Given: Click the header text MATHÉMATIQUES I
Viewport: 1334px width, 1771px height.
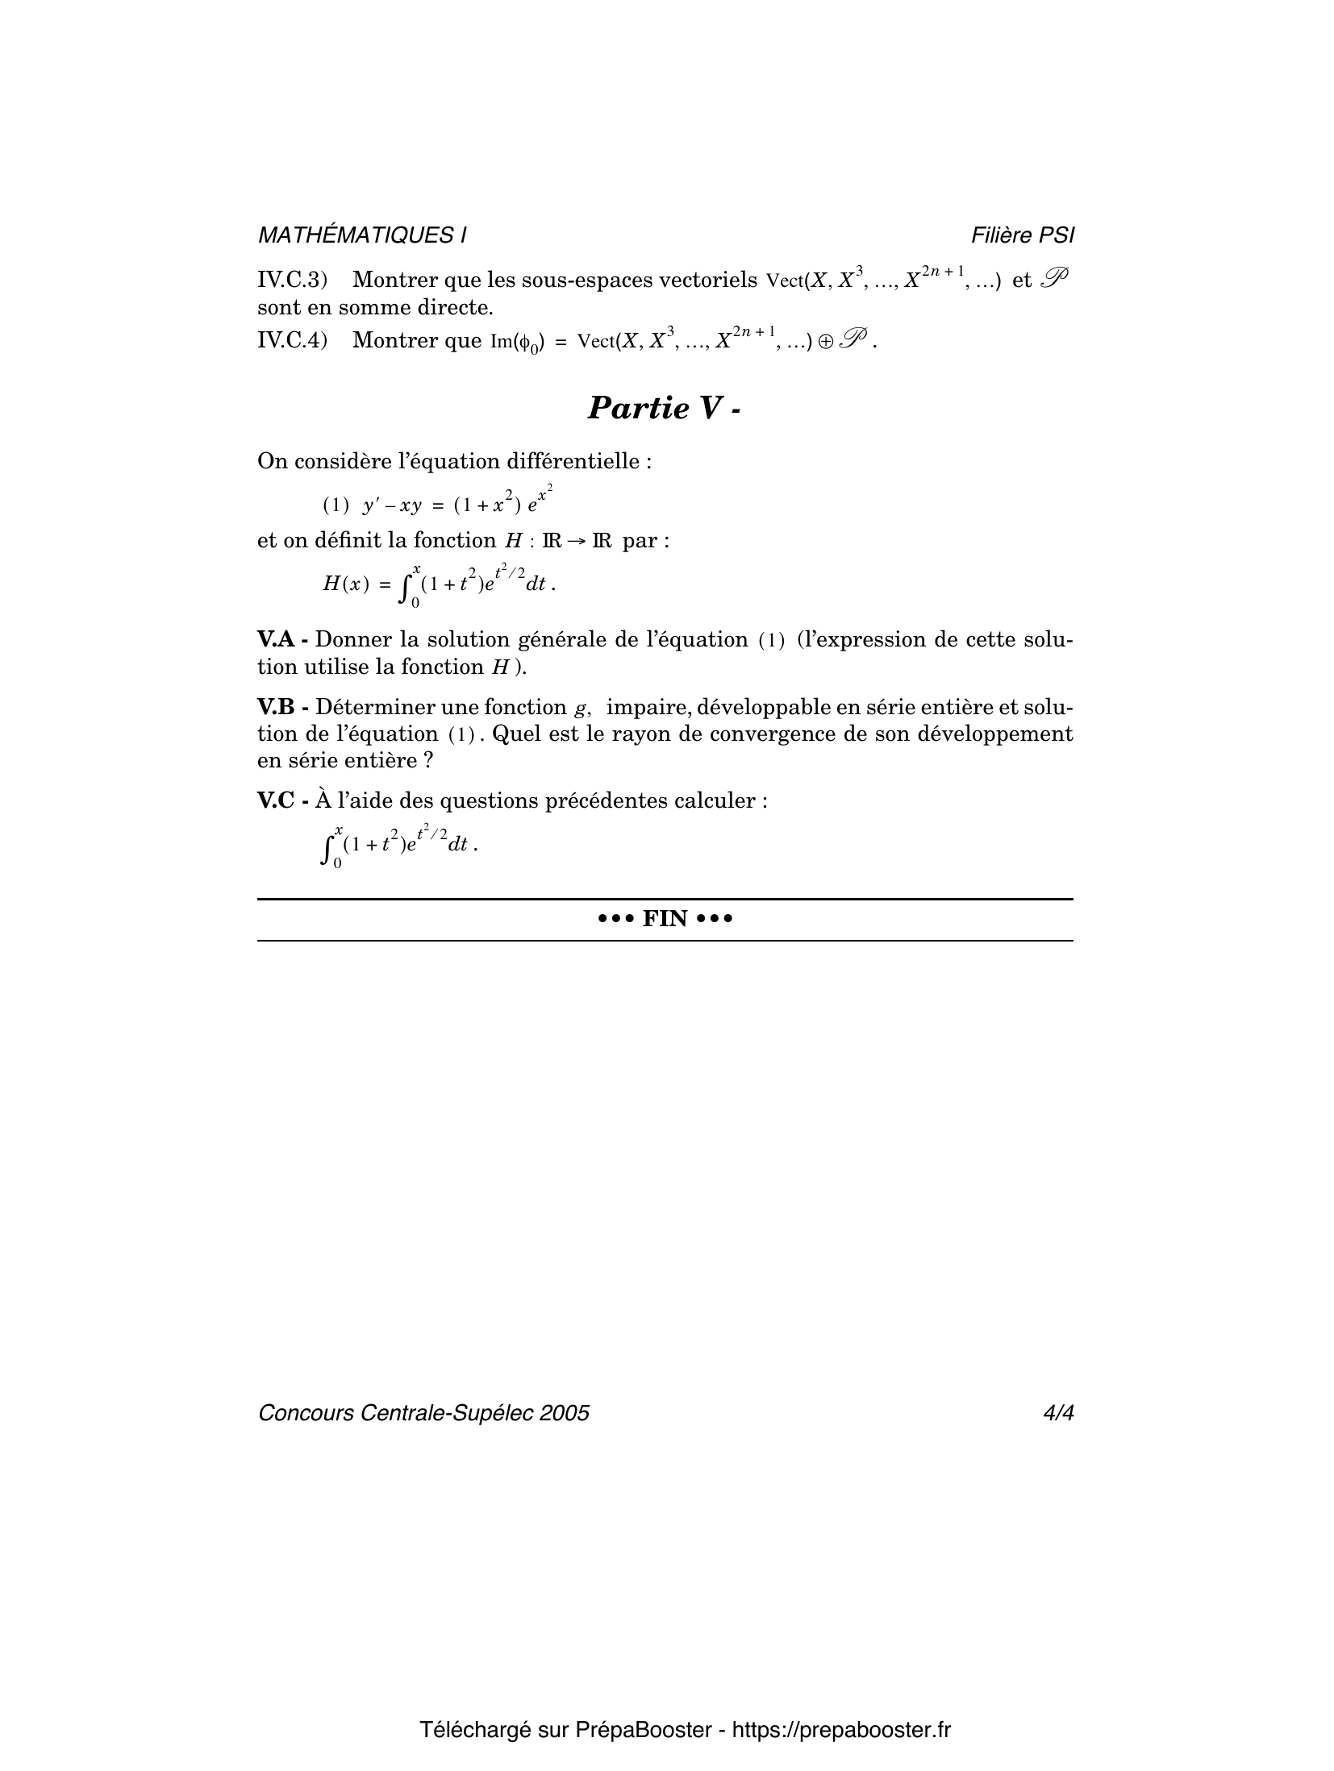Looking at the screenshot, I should click(x=361, y=235).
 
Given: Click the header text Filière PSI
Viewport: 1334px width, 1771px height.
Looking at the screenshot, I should click(x=1023, y=235).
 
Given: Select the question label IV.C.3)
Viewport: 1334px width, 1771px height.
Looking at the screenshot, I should click(x=292, y=281).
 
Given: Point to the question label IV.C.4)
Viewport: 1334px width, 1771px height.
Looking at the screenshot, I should click(x=292, y=340).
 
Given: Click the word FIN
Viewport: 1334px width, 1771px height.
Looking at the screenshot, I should click(x=665, y=919).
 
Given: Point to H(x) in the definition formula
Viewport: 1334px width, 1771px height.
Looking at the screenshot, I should click(x=346, y=584).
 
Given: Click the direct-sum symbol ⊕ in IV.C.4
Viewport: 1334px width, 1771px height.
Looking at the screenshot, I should click(x=826, y=342).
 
